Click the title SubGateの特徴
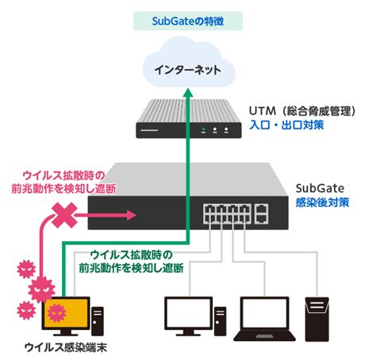coord(188,21)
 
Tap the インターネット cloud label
coord(187,70)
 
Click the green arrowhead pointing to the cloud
coord(188,93)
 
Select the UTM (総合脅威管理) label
coord(302,111)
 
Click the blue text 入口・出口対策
coord(286,125)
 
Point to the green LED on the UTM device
coord(203,130)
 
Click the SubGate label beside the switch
coord(320,188)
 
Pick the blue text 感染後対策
coord(323,202)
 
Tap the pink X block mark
coord(64,215)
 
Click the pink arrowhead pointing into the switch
coord(132,215)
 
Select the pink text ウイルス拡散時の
coord(63,175)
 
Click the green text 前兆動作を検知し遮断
coord(132,268)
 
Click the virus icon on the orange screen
coord(56,312)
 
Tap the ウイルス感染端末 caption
coord(66,347)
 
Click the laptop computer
coord(264,319)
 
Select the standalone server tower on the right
coord(317,319)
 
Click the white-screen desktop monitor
coord(189,316)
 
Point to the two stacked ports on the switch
coord(261,214)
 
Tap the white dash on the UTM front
coord(149,130)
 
